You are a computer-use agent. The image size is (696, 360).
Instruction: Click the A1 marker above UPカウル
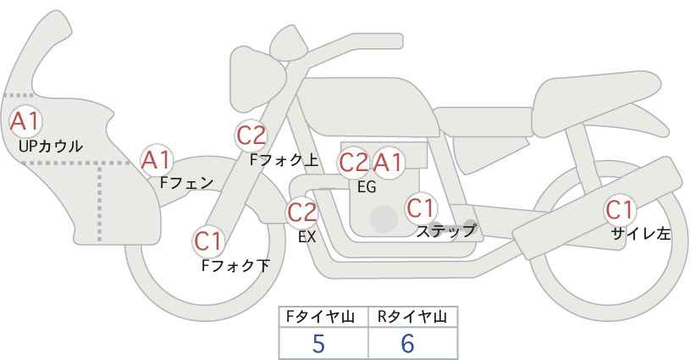(25, 122)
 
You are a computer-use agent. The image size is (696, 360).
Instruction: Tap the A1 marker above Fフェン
(157, 161)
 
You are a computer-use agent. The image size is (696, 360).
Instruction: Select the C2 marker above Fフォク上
(251, 136)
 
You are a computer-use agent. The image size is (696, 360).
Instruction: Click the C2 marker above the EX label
(302, 213)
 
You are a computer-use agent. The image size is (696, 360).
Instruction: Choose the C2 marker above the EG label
(354, 163)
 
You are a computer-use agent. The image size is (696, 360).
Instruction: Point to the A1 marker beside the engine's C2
(388, 163)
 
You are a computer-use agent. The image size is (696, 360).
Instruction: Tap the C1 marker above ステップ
(421, 208)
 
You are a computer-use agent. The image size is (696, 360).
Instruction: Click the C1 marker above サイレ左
(619, 210)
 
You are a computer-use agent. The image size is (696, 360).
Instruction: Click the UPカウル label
(51, 147)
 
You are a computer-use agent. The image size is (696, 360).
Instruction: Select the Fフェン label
(186, 183)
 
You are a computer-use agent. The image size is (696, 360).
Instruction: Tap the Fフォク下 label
(235, 265)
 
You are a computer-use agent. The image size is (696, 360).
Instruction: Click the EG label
(367, 187)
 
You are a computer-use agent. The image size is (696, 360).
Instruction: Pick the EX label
(307, 237)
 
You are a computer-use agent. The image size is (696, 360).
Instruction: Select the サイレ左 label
(640, 234)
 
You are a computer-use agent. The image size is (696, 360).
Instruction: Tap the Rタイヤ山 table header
(412, 317)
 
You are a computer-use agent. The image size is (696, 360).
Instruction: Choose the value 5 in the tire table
(318, 343)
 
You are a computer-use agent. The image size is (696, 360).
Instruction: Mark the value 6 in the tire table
(407, 343)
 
